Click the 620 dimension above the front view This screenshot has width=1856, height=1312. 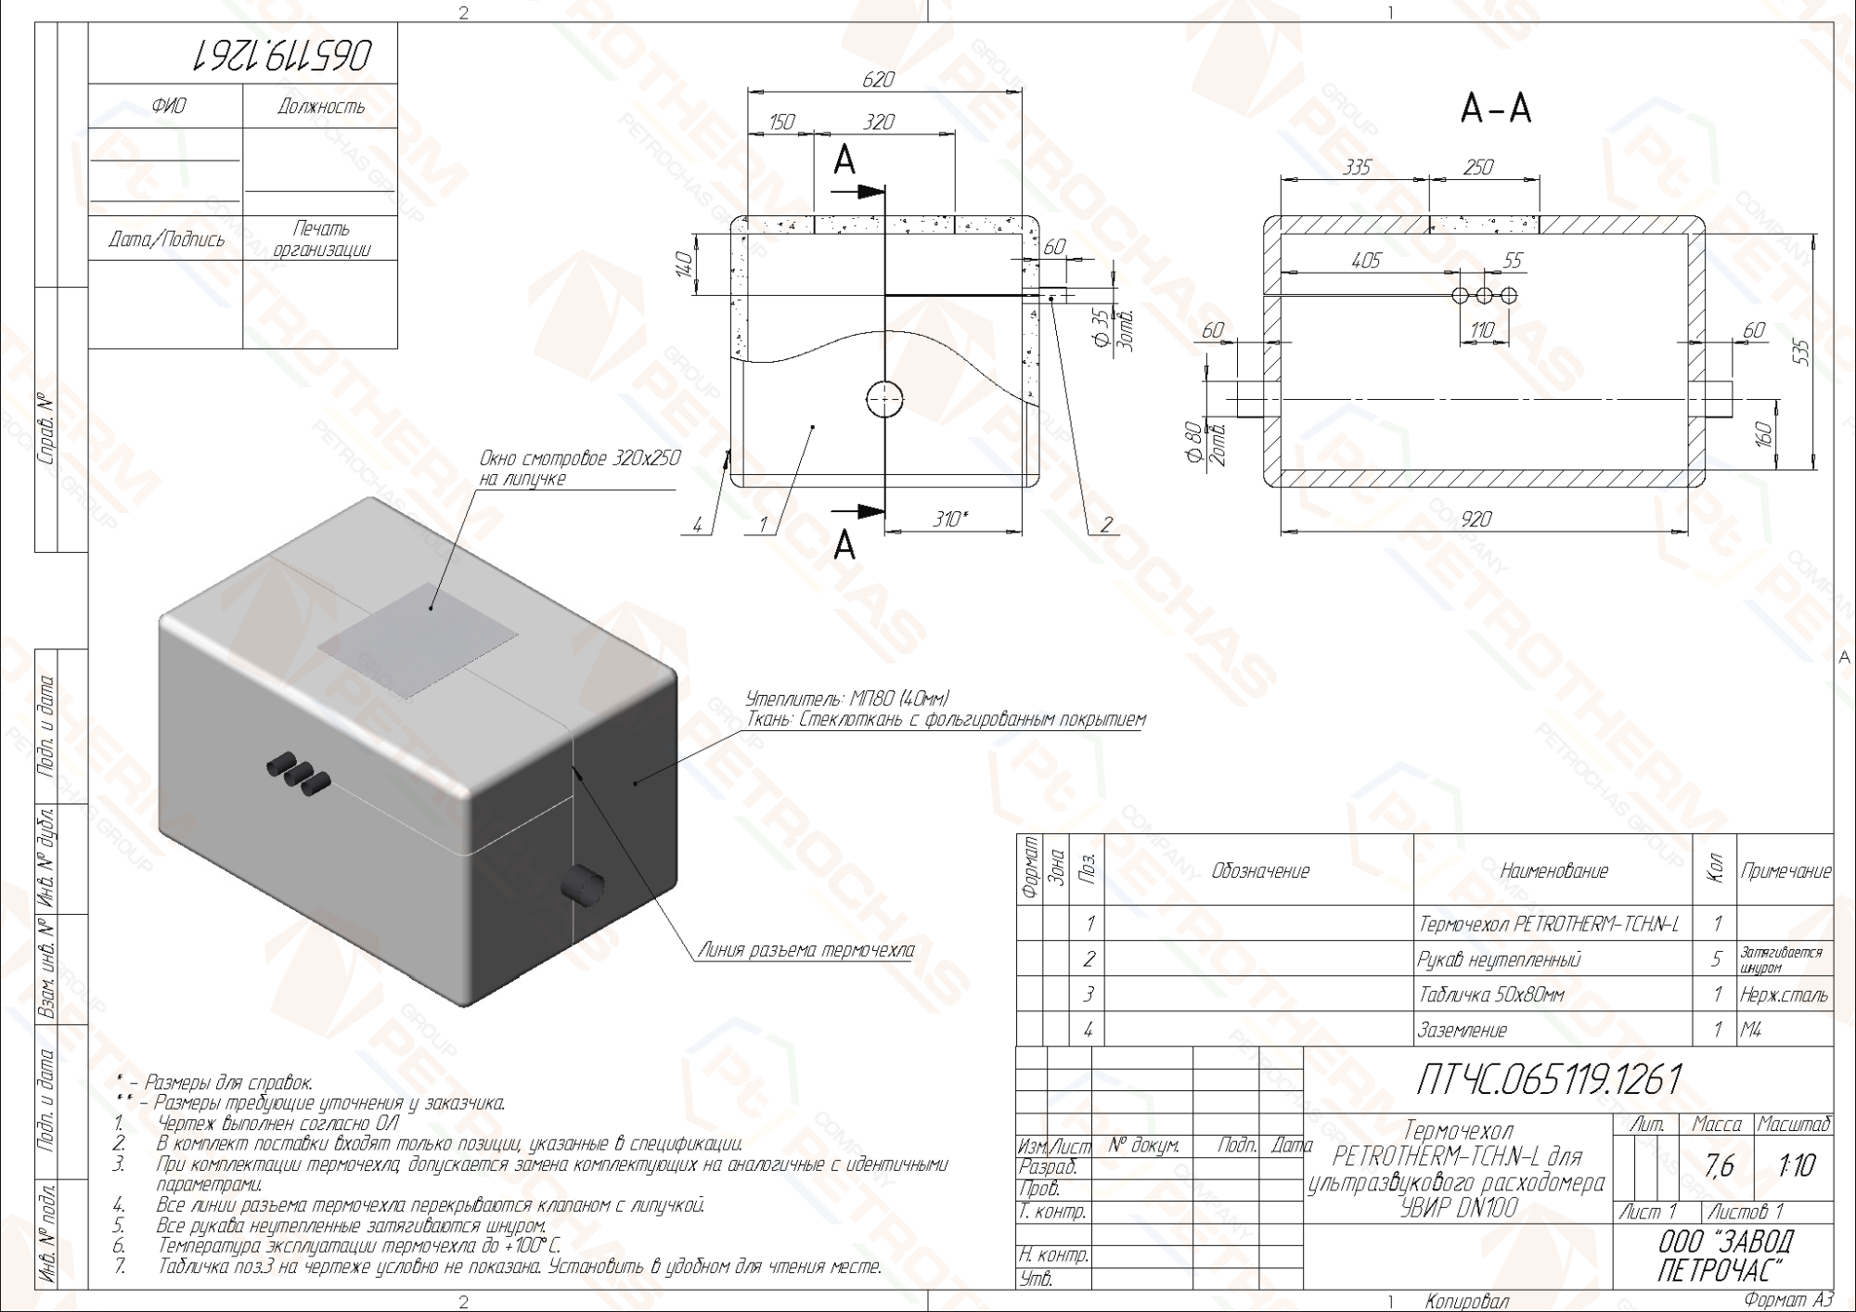pyautogui.click(x=877, y=80)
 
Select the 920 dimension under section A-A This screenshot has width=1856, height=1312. pyautogui.click(x=1476, y=520)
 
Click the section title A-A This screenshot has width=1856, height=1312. pyautogui.click(x=1495, y=109)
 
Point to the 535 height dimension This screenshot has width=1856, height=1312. pyautogui.click(x=1800, y=352)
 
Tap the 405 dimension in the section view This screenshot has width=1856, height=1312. pyautogui.click(x=1365, y=262)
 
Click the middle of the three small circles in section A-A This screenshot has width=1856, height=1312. pyautogui.click(x=1484, y=295)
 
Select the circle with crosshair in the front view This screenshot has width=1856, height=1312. pyautogui.click(x=884, y=400)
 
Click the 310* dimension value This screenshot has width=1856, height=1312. pyautogui.click(x=949, y=520)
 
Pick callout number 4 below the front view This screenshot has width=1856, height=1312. pyautogui.click(x=696, y=525)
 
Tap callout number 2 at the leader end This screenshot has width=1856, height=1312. pyautogui.click(x=1105, y=525)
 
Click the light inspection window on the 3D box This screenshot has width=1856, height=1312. pyautogui.click(x=418, y=640)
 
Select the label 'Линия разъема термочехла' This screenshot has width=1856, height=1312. pyautogui.click(x=806, y=950)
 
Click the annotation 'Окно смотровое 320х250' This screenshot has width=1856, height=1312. pyautogui.click(x=579, y=458)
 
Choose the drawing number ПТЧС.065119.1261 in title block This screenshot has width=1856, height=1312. pyautogui.click(x=1548, y=1079)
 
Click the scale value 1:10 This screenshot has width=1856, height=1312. pyautogui.click(x=1796, y=1165)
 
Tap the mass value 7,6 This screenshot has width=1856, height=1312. pyautogui.click(x=1719, y=1165)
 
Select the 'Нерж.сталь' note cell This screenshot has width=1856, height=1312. pyautogui.click(x=1784, y=995)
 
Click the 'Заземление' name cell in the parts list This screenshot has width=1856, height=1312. pyautogui.click(x=1463, y=1030)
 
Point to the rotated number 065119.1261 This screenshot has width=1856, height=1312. pyautogui.click(x=281, y=56)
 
